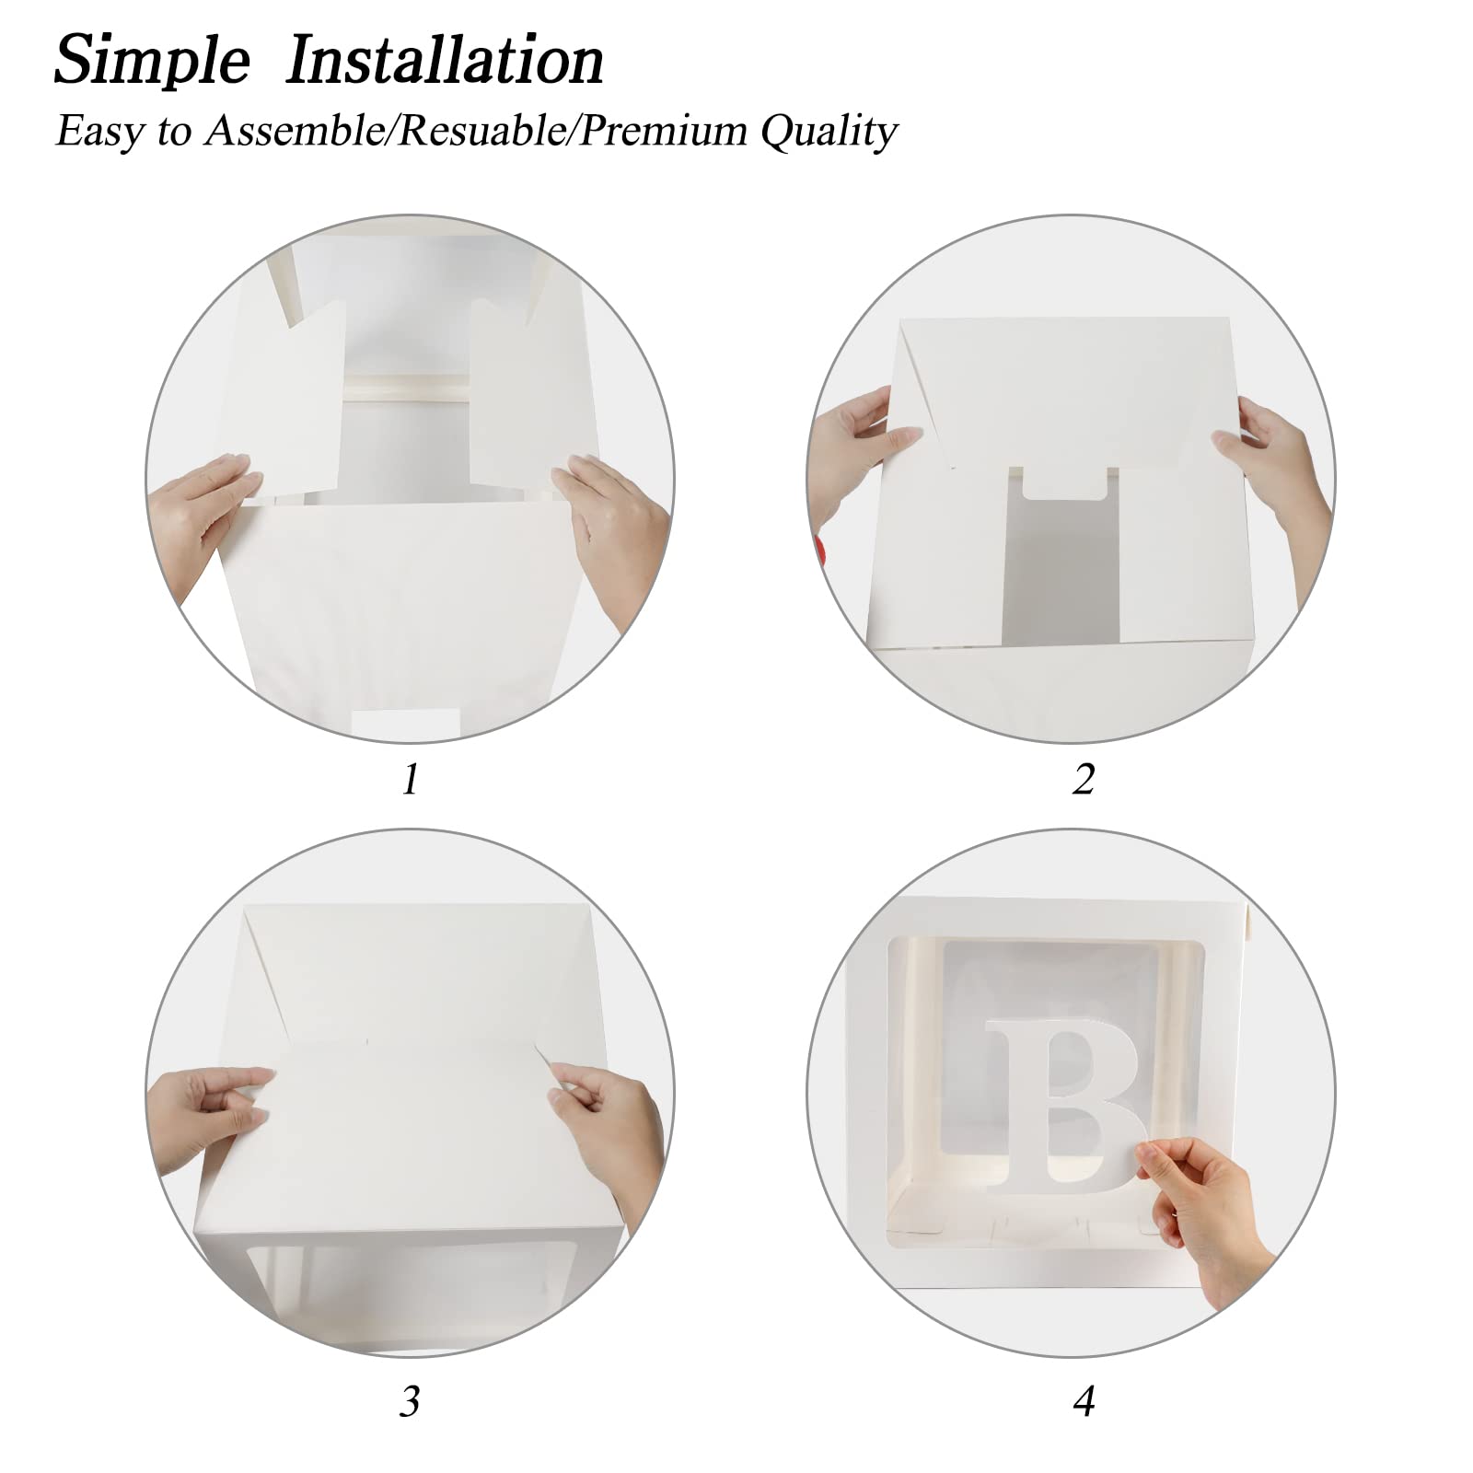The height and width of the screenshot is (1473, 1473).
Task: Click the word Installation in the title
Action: click(x=445, y=60)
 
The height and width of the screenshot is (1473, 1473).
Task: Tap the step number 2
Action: click(x=1084, y=780)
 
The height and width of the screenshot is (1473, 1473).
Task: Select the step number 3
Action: click(x=411, y=1401)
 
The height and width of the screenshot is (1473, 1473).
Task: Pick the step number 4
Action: click(x=1084, y=1401)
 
